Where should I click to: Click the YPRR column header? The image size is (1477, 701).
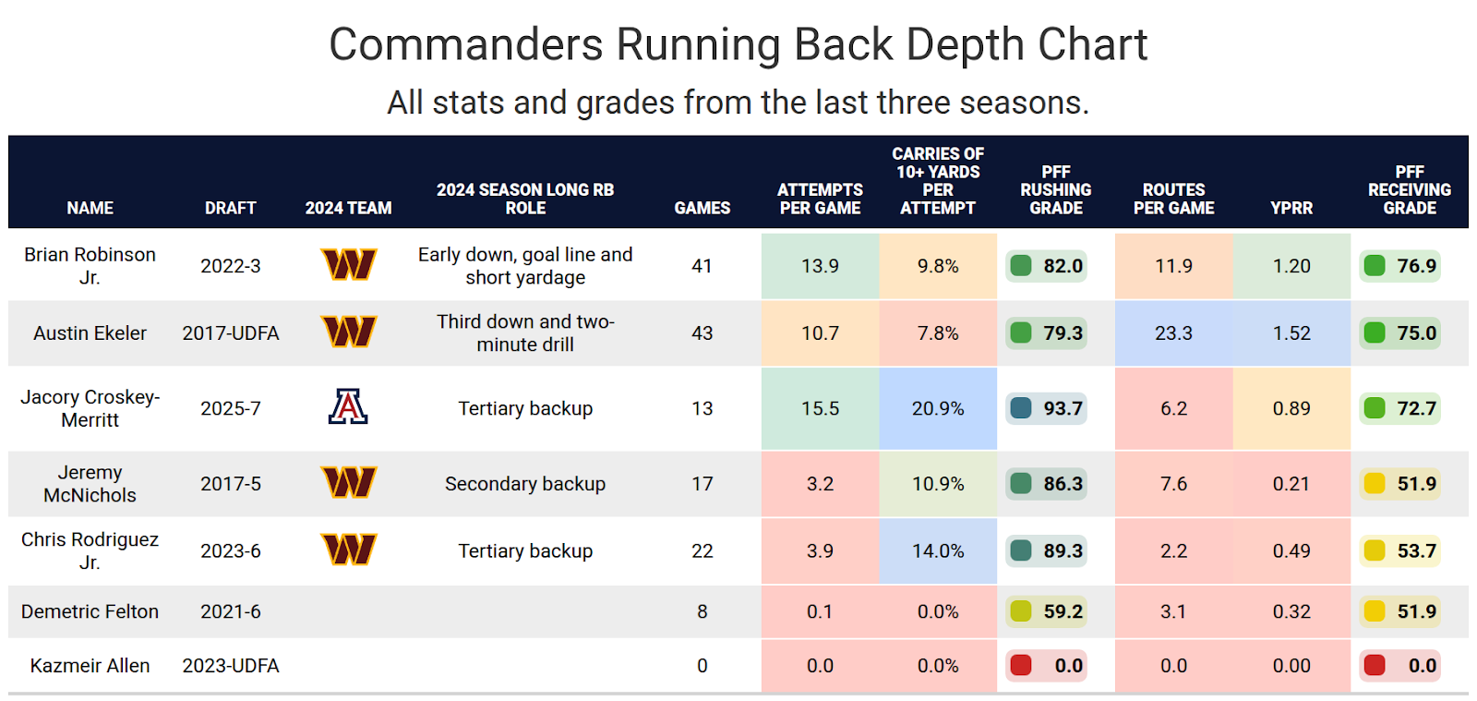[1291, 208]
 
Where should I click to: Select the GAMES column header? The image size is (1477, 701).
[702, 208]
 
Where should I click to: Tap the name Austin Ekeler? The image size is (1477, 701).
[90, 333]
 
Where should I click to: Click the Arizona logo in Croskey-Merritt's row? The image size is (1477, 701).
[348, 407]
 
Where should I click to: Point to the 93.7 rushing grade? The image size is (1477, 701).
[1063, 408]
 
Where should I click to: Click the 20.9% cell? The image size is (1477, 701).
[938, 408]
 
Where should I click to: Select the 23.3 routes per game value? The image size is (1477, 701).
[1173, 333]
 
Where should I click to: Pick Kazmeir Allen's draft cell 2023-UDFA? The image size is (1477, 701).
[230, 666]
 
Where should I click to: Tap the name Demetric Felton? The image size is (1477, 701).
[90, 611]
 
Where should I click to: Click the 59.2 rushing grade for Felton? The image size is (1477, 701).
[1063, 611]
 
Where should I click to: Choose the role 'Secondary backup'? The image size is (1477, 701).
[524, 484]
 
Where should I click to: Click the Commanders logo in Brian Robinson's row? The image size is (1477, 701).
[348, 265]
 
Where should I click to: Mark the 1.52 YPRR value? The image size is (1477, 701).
[1291, 333]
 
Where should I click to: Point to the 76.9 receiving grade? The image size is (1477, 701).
[1416, 266]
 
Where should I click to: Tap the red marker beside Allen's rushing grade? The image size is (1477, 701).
[1021, 665]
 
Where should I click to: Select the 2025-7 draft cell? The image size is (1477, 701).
[230, 408]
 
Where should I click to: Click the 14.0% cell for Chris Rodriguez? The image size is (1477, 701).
[938, 551]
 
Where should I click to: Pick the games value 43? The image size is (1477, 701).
[702, 333]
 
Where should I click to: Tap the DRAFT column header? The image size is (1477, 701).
[230, 208]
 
